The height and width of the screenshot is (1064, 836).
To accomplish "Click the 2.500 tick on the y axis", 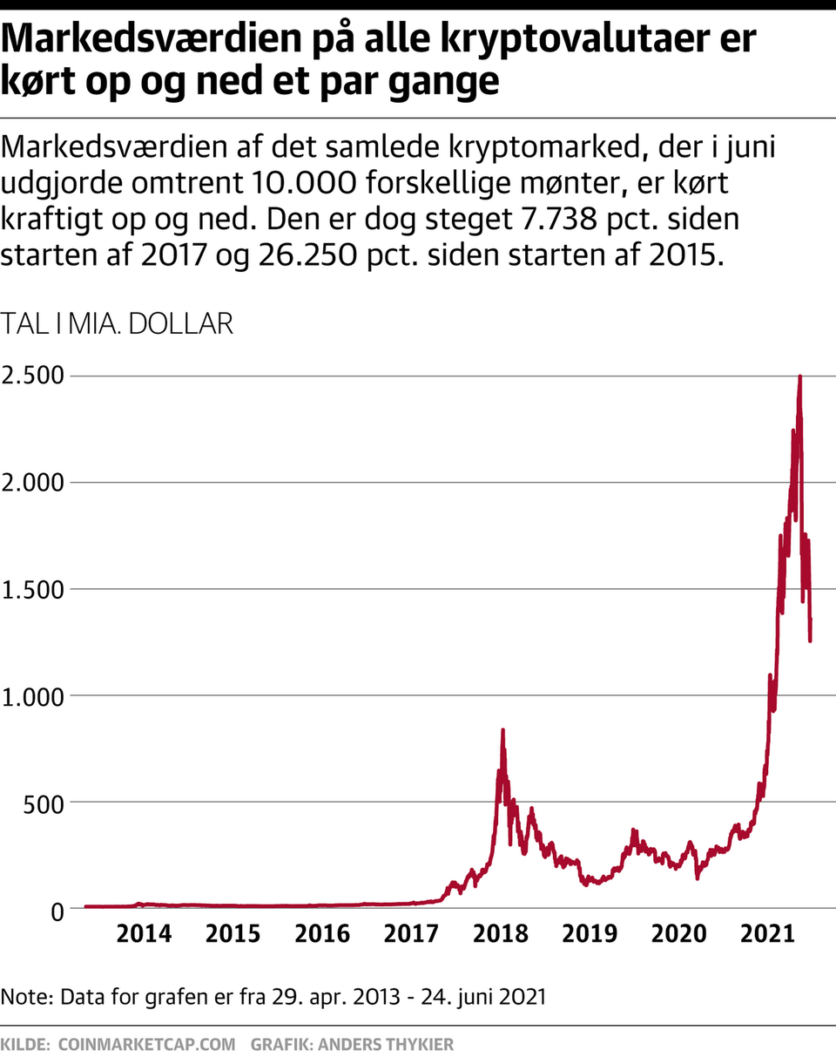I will pyautogui.click(x=33, y=376).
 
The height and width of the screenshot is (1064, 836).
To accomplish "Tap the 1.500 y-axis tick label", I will pyautogui.click(x=33, y=590).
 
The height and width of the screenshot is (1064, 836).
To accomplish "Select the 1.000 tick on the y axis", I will pyautogui.click(x=33, y=696).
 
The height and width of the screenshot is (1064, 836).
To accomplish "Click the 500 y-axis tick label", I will pyautogui.click(x=44, y=803).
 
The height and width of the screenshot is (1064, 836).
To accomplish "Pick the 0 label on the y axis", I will pyautogui.click(x=58, y=910).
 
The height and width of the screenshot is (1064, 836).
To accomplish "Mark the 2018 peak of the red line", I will pyautogui.click(x=502, y=730).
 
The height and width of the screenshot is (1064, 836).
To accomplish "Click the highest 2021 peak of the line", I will pyautogui.click(x=799, y=376).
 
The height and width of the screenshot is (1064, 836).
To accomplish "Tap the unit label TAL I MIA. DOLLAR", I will pyautogui.click(x=118, y=324).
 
